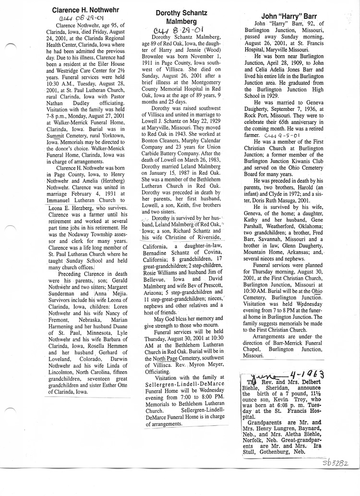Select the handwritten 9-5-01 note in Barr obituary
pyautogui.click(x=291, y=136)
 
